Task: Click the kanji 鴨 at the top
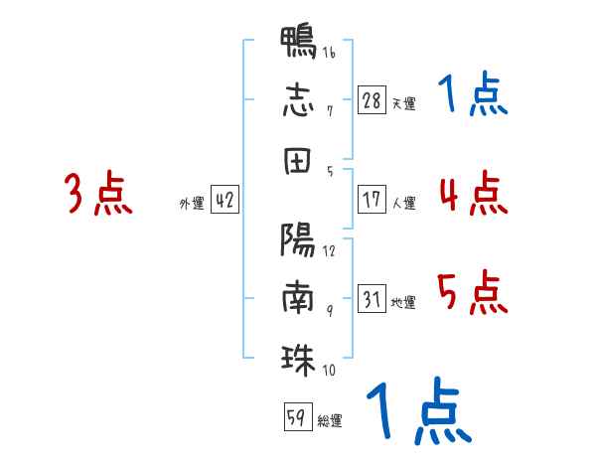[298, 42]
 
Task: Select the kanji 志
[298, 100]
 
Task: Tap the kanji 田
[297, 161]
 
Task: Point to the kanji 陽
[298, 239]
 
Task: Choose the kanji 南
[298, 297]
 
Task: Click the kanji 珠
[298, 360]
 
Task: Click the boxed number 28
[372, 100]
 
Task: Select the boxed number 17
[372, 200]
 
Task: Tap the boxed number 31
[372, 298]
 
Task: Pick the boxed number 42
[224, 200]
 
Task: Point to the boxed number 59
[298, 416]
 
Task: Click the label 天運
[404, 103]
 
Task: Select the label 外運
[192, 203]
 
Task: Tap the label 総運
[330, 420]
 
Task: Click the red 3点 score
[98, 193]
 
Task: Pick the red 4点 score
[474, 193]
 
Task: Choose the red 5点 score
[473, 292]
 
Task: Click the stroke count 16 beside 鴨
[329, 52]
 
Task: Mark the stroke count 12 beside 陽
[329, 251]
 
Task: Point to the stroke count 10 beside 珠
[329, 370]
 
